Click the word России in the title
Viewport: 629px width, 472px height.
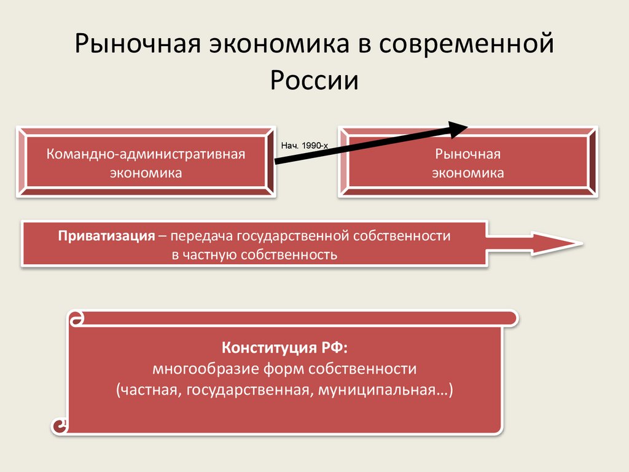pos(314,80)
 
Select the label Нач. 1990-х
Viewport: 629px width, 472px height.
pos(305,146)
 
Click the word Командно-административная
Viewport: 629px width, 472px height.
pos(146,154)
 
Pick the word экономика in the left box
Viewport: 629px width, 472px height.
pos(146,173)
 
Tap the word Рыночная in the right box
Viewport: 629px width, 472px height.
pos(467,154)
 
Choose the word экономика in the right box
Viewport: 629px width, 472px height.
pos(467,173)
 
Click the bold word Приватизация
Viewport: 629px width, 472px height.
pos(106,236)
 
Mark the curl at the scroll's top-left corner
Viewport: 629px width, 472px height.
pos(77,319)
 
